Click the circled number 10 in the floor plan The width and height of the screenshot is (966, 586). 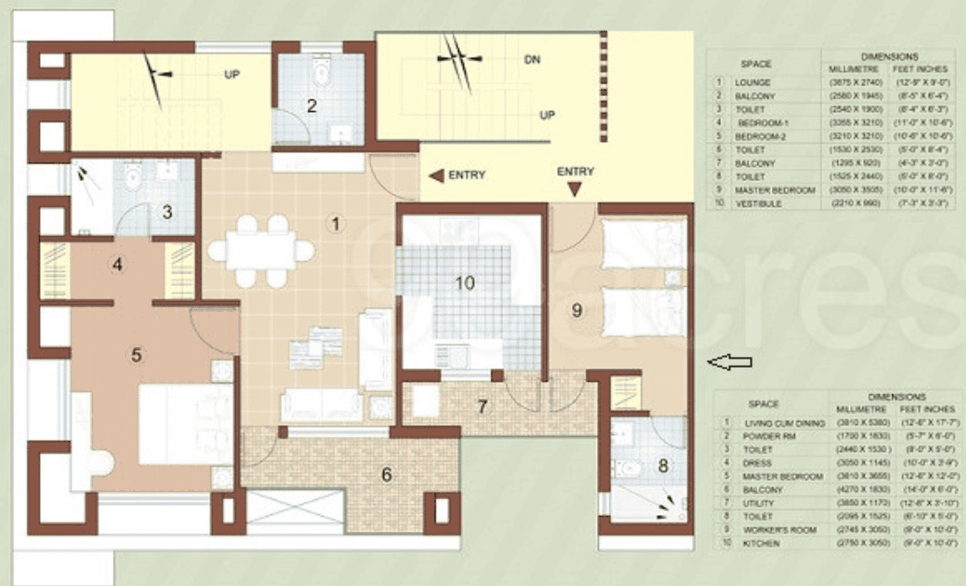pyautogui.click(x=465, y=283)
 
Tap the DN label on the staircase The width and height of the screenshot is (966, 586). pyautogui.click(x=532, y=60)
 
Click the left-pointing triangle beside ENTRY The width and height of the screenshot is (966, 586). pyautogui.click(x=436, y=176)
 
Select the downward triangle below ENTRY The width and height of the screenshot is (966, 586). pyautogui.click(x=576, y=189)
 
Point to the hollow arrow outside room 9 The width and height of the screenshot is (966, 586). pyautogui.click(x=729, y=361)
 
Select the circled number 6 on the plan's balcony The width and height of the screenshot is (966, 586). pyautogui.click(x=387, y=475)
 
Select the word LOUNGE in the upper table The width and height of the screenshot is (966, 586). pyautogui.click(x=753, y=83)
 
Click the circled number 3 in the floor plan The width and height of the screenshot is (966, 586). pyautogui.click(x=166, y=211)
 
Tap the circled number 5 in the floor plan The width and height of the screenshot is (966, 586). pyautogui.click(x=137, y=355)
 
